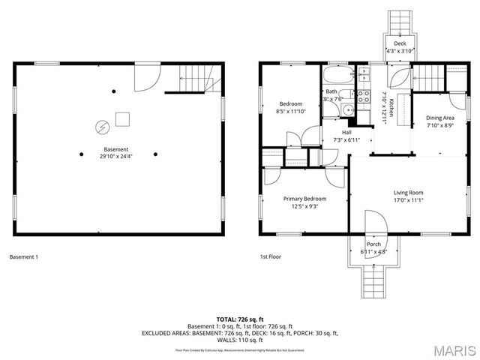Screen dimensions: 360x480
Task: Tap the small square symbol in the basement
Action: [122, 118]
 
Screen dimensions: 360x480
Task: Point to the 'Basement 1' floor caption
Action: [23, 257]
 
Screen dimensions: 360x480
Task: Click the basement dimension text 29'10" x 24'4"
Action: [116, 157]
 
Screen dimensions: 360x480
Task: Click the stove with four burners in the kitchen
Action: [364, 96]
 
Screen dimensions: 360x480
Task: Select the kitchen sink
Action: [364, 74]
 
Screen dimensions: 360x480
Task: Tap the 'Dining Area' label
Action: [440, 118]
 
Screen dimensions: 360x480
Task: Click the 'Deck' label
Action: [400, 43]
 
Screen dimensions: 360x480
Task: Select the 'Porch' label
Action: [373, 244]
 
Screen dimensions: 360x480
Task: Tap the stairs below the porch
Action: [373, 283]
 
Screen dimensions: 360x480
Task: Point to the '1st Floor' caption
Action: [270, 257]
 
